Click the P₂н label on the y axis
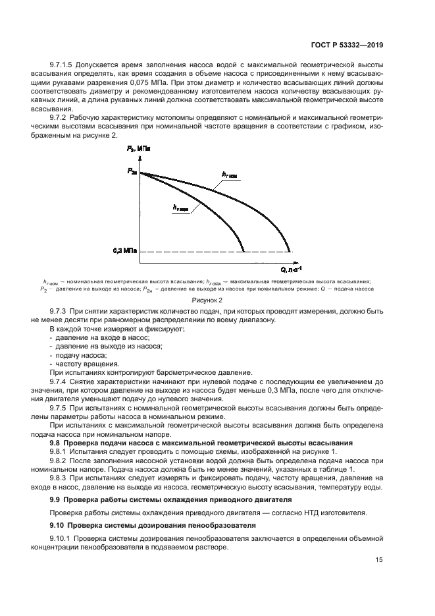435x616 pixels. click(132, 172)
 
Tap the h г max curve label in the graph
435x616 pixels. click(181, 208)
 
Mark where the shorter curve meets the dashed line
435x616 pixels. click(245, 252)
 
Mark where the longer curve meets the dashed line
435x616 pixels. click(290, 252)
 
